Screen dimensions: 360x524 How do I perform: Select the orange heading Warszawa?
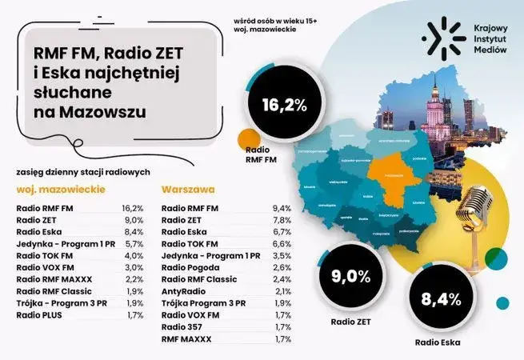point(188,192)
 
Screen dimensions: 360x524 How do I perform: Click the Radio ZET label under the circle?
point(346,323)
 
